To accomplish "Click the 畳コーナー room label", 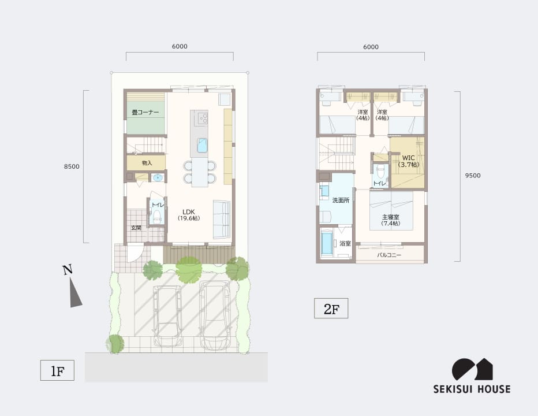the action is point(145,112).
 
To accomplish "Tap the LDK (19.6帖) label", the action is point(189,215).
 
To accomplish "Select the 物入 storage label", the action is point(147,163).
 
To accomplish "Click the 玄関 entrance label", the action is point(136,228).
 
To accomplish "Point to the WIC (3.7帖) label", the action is point(408,161).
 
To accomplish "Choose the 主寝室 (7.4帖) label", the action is point(391,220).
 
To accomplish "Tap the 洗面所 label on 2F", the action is point(341,200).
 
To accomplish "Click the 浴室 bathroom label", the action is point(345,244).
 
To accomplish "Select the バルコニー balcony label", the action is point(389,255).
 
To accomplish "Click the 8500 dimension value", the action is point(72,166).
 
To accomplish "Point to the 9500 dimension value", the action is point(473,176).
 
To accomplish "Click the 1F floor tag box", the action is point(57,370).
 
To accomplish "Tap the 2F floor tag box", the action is point(331,309).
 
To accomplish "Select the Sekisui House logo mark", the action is point(472,370).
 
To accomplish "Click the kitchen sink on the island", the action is point(202,146).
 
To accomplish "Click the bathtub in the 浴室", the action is point(327,244).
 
